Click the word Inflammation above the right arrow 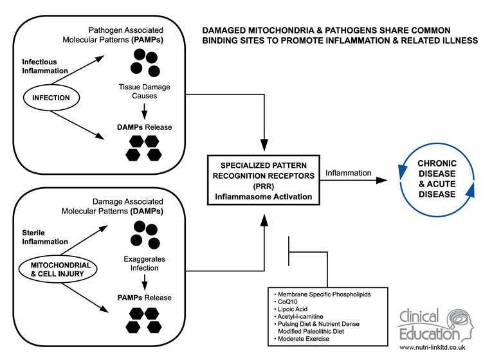(x=348, y=172)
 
